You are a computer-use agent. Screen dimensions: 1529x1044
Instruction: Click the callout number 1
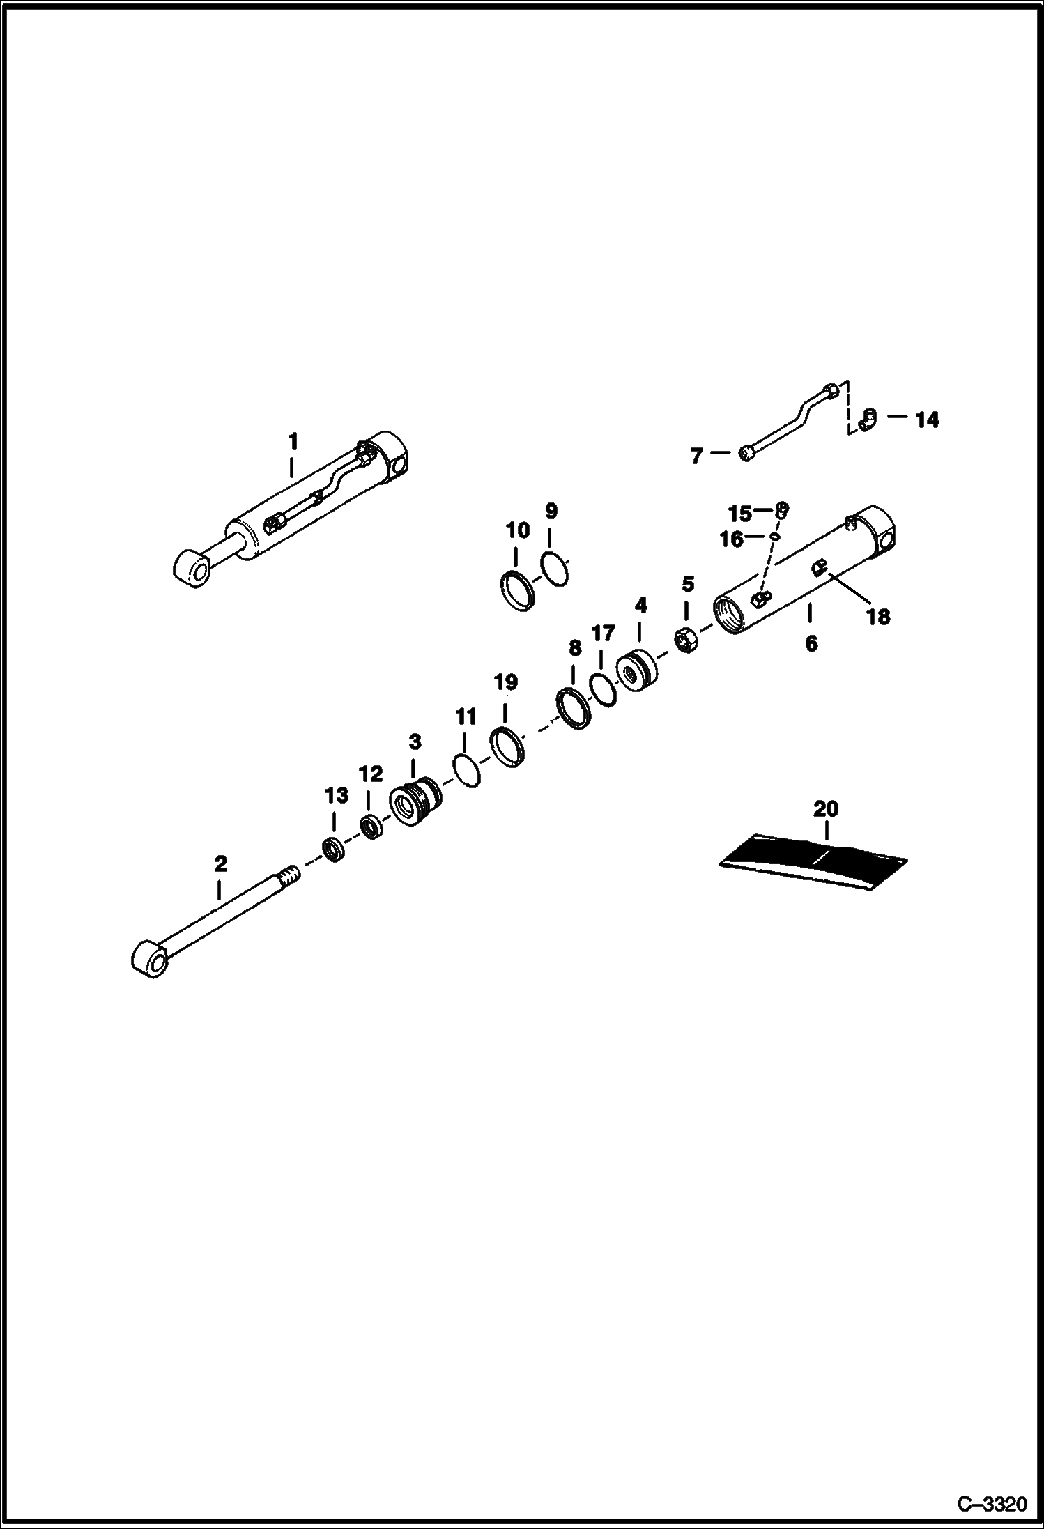click(x=293, y=441)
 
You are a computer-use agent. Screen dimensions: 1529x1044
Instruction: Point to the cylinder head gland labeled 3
click(x=414, y=804)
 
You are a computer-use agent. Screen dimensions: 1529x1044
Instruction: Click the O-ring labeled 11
click(x=466, y=770)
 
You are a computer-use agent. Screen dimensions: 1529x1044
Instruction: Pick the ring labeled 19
click(x=508, y=747)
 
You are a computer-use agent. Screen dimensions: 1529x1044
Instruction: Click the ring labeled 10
click(x=519, y=591)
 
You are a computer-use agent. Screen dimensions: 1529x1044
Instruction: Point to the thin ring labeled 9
click(x=555, y=569)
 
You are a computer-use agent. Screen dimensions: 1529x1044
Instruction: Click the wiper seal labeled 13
click(x=335, y=850)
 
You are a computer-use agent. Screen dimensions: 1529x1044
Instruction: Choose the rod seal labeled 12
click(x=371, y=828)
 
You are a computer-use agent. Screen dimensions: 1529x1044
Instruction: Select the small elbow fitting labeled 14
click(x=867, y=419)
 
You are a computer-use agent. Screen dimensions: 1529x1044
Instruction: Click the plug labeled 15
click(x=781, y=510)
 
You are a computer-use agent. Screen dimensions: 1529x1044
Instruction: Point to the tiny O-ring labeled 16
click(x=774, y=537)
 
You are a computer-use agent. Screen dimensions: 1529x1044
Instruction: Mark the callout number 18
click(x=879, y=616)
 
